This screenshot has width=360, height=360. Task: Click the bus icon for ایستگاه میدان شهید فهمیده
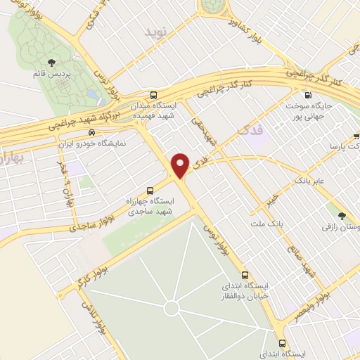[x=154, y=95]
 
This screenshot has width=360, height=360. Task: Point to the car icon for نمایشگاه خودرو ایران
[x=91, y=132]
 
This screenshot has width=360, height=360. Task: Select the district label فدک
[x=251, y=131]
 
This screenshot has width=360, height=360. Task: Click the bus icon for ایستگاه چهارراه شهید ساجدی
[x=149, y=190]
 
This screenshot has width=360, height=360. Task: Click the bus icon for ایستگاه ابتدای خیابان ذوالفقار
[x=245, y=274]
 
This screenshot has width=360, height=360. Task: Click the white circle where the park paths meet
[x=172, y=308]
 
